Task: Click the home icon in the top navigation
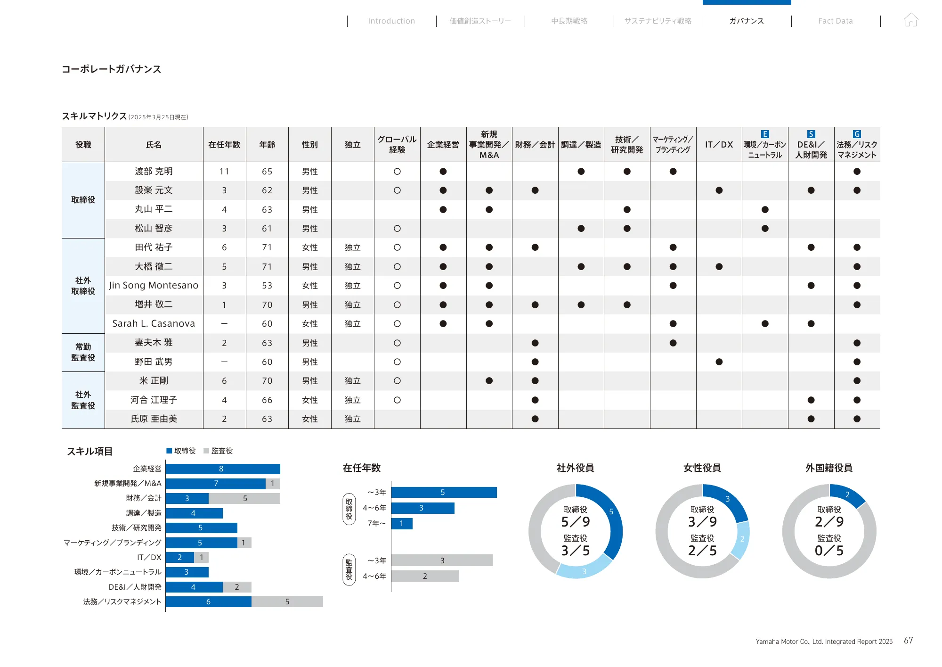coord(911,20)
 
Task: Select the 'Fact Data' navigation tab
coord(835,21)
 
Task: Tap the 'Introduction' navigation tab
coord(391,21)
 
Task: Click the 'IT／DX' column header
coord(719,145)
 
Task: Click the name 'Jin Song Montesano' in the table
coord(154,285)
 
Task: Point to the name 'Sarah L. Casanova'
coord(154,323)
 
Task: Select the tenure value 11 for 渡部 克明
coord(224,172)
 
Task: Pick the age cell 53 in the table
coord(267,286)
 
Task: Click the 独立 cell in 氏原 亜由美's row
coord(352,419)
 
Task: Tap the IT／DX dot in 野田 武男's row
coord(719,362)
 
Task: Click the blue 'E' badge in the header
coord(765,134)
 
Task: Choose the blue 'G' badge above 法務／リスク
coord(857,134)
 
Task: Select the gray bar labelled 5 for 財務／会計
coord(244,498)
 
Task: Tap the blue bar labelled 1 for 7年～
coord(401,524)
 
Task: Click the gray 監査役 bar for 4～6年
coord(424,576)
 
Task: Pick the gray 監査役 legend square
coord(206,451)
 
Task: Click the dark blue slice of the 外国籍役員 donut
coord(847,495)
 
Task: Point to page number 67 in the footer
coord(908,640)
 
